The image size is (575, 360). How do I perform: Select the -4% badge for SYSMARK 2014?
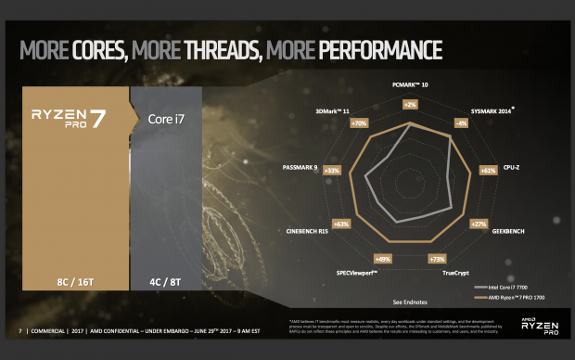460,122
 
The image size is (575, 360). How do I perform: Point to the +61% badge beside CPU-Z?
488,170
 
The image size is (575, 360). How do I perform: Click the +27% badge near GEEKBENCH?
479,225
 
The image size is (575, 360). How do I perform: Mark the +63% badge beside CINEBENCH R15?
340,224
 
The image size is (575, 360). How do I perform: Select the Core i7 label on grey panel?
166,119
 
